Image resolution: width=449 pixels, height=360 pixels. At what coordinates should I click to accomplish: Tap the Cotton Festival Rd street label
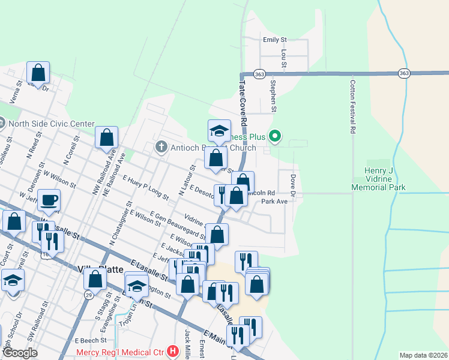click(x=353, y=107)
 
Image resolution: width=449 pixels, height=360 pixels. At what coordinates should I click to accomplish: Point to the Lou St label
click(x=284, y=58)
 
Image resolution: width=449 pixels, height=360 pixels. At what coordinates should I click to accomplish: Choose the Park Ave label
click(x=274, y=202)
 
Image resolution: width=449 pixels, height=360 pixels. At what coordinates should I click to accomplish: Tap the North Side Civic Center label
click(x=52, y=124)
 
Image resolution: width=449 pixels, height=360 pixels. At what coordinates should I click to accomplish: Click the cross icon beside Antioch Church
click(x=161, y=147)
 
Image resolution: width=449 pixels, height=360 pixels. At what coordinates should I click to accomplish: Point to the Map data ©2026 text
click(x=423, y=355)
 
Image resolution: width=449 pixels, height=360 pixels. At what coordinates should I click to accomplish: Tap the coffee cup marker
click(x=49, y=200)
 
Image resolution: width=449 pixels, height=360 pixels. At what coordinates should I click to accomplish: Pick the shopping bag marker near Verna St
click(x=38, y=73)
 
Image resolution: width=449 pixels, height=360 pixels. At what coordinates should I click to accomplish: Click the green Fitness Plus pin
click(x=275, y=137)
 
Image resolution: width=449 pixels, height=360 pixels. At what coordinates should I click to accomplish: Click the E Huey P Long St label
click(x=145, y=187)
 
